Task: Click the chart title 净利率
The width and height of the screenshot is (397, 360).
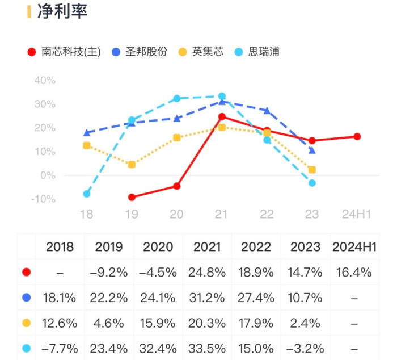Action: (x=62, y=12)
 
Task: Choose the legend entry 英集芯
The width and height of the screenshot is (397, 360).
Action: (x=208, y=52)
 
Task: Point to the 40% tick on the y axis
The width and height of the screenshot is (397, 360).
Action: (x=45, y=81)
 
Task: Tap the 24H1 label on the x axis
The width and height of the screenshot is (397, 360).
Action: (x=357, y=214)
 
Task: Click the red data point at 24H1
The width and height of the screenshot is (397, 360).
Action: (x=357, y=136)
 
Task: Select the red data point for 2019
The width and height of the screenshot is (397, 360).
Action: (x=132, y=197)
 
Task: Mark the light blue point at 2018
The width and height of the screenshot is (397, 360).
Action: (x=87, y=194)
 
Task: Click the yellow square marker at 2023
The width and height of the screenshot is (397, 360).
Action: (x=312, y=170)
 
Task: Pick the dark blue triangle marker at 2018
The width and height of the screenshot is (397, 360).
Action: (x=87, y=133)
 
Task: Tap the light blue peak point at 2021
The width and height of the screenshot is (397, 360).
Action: (x=222, y=97)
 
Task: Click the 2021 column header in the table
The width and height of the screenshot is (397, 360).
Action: (x=207, y=247)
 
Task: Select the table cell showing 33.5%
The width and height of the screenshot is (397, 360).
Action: (x=207, y=348)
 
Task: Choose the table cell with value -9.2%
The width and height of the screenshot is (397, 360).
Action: (x=108, y=273)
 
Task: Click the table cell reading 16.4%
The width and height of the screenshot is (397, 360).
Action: (x=354, y=273)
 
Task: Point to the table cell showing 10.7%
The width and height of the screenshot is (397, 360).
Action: (x=305, y=298)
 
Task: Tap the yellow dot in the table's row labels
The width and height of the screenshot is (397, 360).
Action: (x=26, y=323)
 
